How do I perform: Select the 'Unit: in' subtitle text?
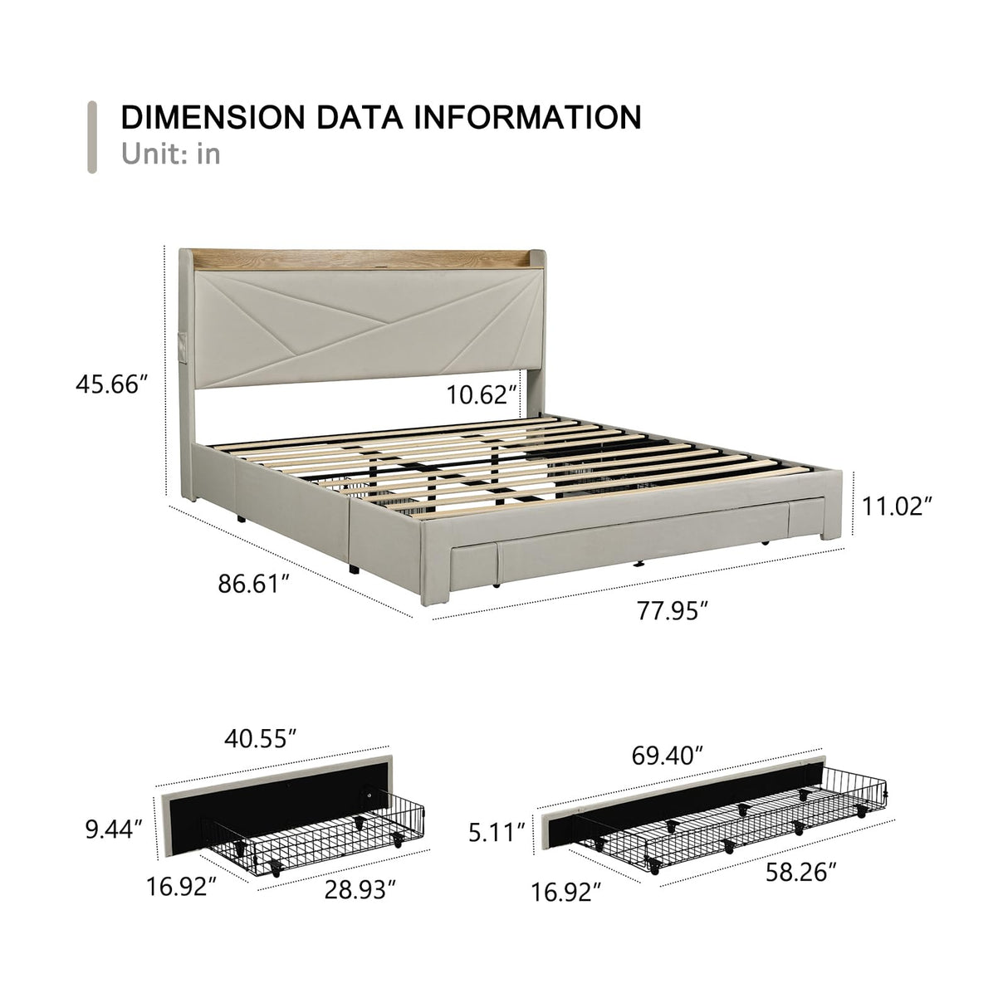click(171, 154)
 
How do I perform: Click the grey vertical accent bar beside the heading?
click(92, 136)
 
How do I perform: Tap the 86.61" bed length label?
click(254, 583)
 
